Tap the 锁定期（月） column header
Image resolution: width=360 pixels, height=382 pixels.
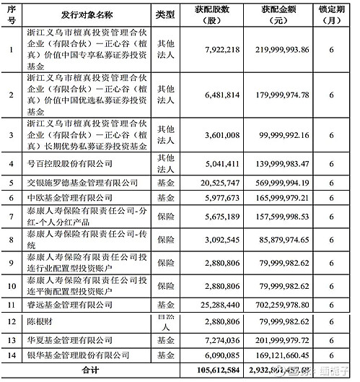[x=331, y=14]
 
